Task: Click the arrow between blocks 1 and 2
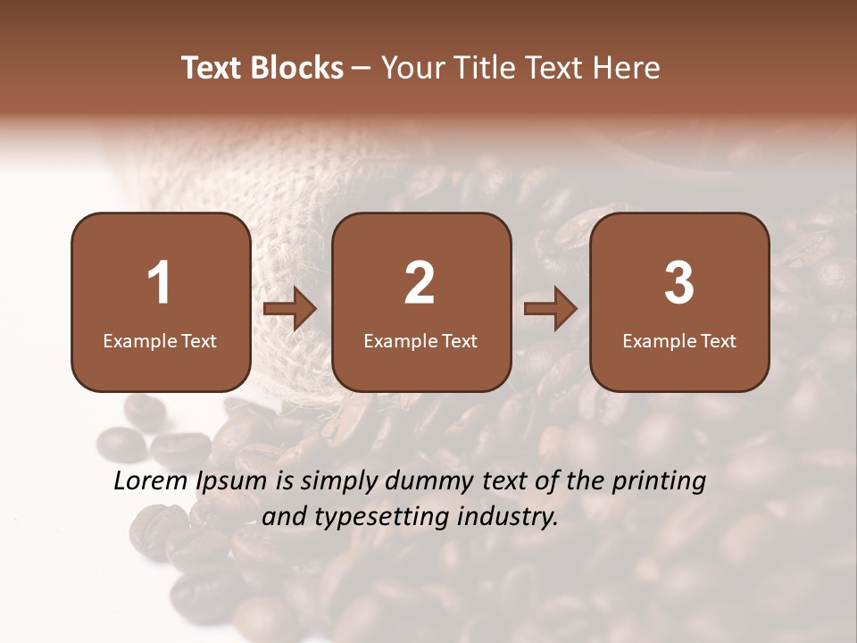(290, 309)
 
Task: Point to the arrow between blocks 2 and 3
(551, 309)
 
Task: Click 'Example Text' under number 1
(160, 340)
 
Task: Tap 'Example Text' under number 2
(420, 340)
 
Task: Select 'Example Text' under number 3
(679, 340)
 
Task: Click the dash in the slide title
(362, 69)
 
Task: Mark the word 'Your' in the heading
(407, 68)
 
